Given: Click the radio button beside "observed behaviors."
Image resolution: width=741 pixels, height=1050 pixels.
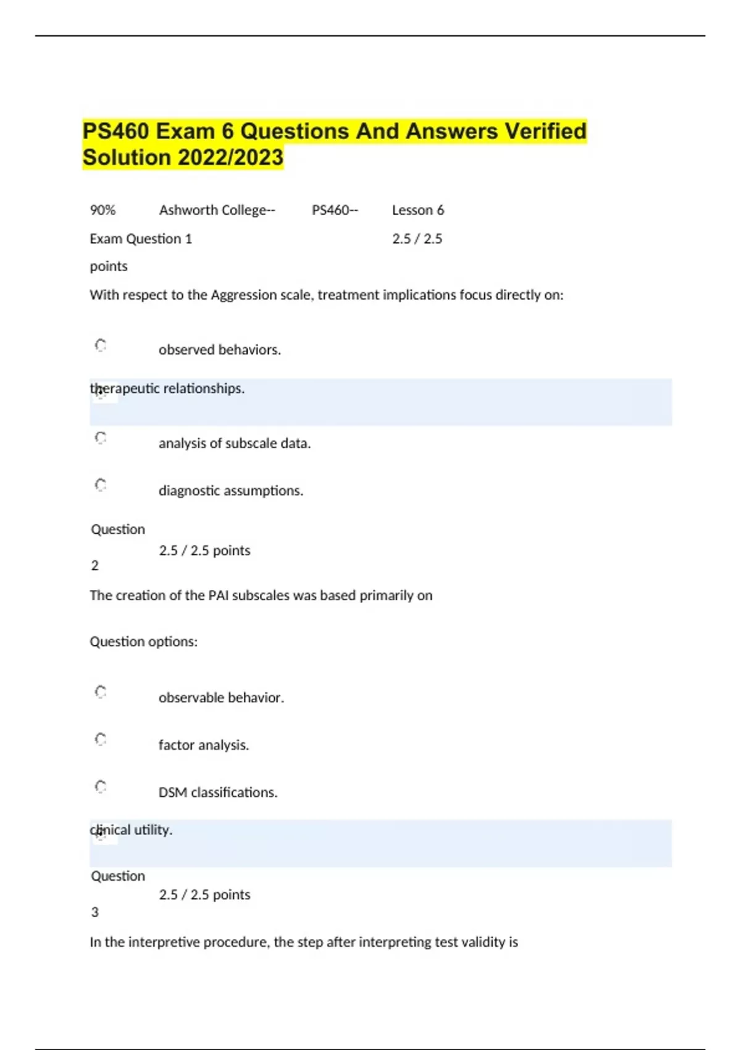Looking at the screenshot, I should pos(101,345).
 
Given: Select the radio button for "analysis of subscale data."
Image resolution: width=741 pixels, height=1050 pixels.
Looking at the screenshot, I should pos(101,438).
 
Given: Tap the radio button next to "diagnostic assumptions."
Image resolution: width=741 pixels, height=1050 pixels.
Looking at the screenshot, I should pos(101,485).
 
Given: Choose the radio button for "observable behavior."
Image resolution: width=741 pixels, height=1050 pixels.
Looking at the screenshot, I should pos(101,692).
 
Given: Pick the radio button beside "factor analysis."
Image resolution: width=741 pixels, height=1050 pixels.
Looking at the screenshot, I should pos(101,739).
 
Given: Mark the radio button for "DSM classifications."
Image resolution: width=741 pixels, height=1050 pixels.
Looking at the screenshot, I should pos(101,786).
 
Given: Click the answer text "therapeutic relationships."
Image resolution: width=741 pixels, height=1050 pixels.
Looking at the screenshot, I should pos(167,388).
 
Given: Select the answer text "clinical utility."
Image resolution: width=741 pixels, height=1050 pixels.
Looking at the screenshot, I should pos(131,830).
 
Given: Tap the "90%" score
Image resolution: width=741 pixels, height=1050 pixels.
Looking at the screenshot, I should pos(103,210).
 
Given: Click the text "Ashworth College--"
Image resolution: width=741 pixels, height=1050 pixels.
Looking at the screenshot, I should pos(217,210).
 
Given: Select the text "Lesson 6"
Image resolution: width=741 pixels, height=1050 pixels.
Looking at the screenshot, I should pos(418,210).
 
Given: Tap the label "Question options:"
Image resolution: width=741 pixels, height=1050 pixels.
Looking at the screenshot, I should pos(144,642).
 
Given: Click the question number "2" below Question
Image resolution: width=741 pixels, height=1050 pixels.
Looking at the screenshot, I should pos(94,566).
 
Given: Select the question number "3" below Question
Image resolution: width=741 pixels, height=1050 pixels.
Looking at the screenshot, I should pos(94,912).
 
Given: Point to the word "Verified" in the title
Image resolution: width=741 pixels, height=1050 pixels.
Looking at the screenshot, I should pos(545,132).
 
